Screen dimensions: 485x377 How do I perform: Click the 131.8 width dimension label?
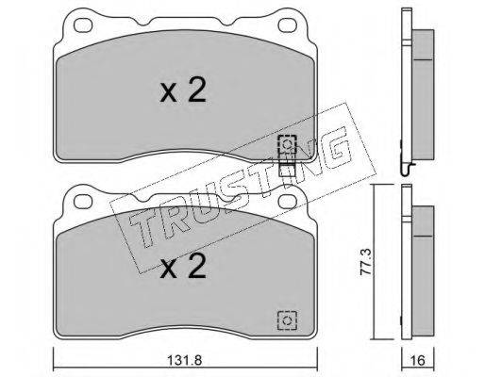click(x=185, y=360)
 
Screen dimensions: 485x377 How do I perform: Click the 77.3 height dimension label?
click(x=366, y=262)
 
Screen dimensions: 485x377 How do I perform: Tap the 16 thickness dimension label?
click(x=418, y=360)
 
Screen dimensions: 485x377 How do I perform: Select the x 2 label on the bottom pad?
click(x=183, y=266)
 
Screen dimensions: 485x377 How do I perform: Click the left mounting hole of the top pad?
click(x=83, y=25)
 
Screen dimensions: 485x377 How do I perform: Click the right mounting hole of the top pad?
click(x=288, y=25)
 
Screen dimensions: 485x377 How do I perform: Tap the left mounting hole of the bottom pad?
click(x=83, y=202)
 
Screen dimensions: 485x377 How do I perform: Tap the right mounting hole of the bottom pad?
click(x=288, y=202)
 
